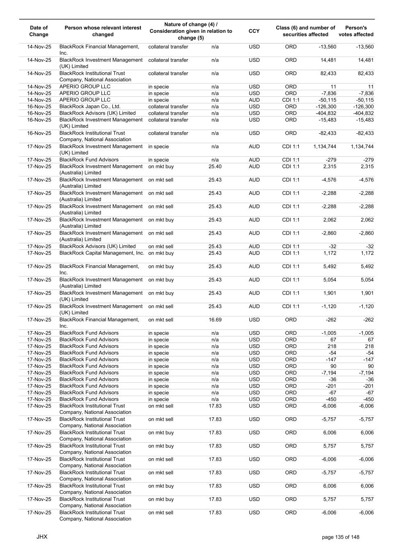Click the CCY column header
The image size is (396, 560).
click(254, 31)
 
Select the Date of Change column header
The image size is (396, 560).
click(39, 31)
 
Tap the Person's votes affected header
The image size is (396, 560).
click(356, 31)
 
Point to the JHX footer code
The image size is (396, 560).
click(42, 537)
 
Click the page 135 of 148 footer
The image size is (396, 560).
click(341, 537)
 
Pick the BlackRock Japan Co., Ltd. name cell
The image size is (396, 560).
click(90, 107)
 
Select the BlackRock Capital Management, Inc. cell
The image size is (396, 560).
click(102, 253)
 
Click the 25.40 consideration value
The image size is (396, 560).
click(215, 167)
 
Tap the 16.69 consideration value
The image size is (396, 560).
click(215, 320)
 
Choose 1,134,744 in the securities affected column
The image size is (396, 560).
click(325, 146)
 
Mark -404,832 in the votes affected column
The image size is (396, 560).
click(363, 113)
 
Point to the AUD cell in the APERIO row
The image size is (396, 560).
click(254, 100)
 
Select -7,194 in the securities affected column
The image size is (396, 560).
click(329, 373)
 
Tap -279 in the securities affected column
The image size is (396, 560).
click(331, 160)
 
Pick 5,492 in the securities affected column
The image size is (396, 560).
click(330, 266)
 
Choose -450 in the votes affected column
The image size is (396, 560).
click(368, 399)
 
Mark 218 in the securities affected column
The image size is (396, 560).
click(332, 346)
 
